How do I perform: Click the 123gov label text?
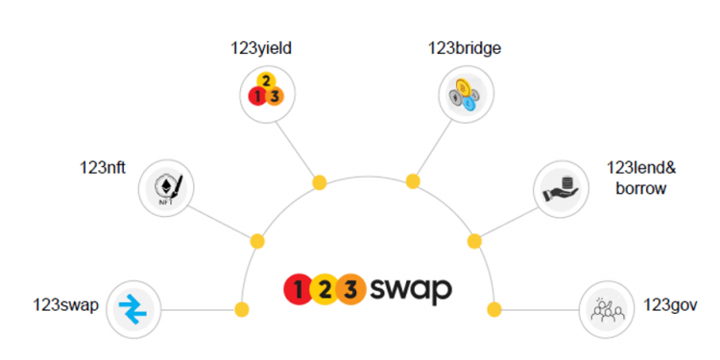click(670, 306)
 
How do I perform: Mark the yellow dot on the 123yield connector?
click(319, 180)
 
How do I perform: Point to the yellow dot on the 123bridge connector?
click(412, 180)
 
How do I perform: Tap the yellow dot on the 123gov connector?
click(494, 309)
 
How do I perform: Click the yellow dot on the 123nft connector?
click(256, 241)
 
